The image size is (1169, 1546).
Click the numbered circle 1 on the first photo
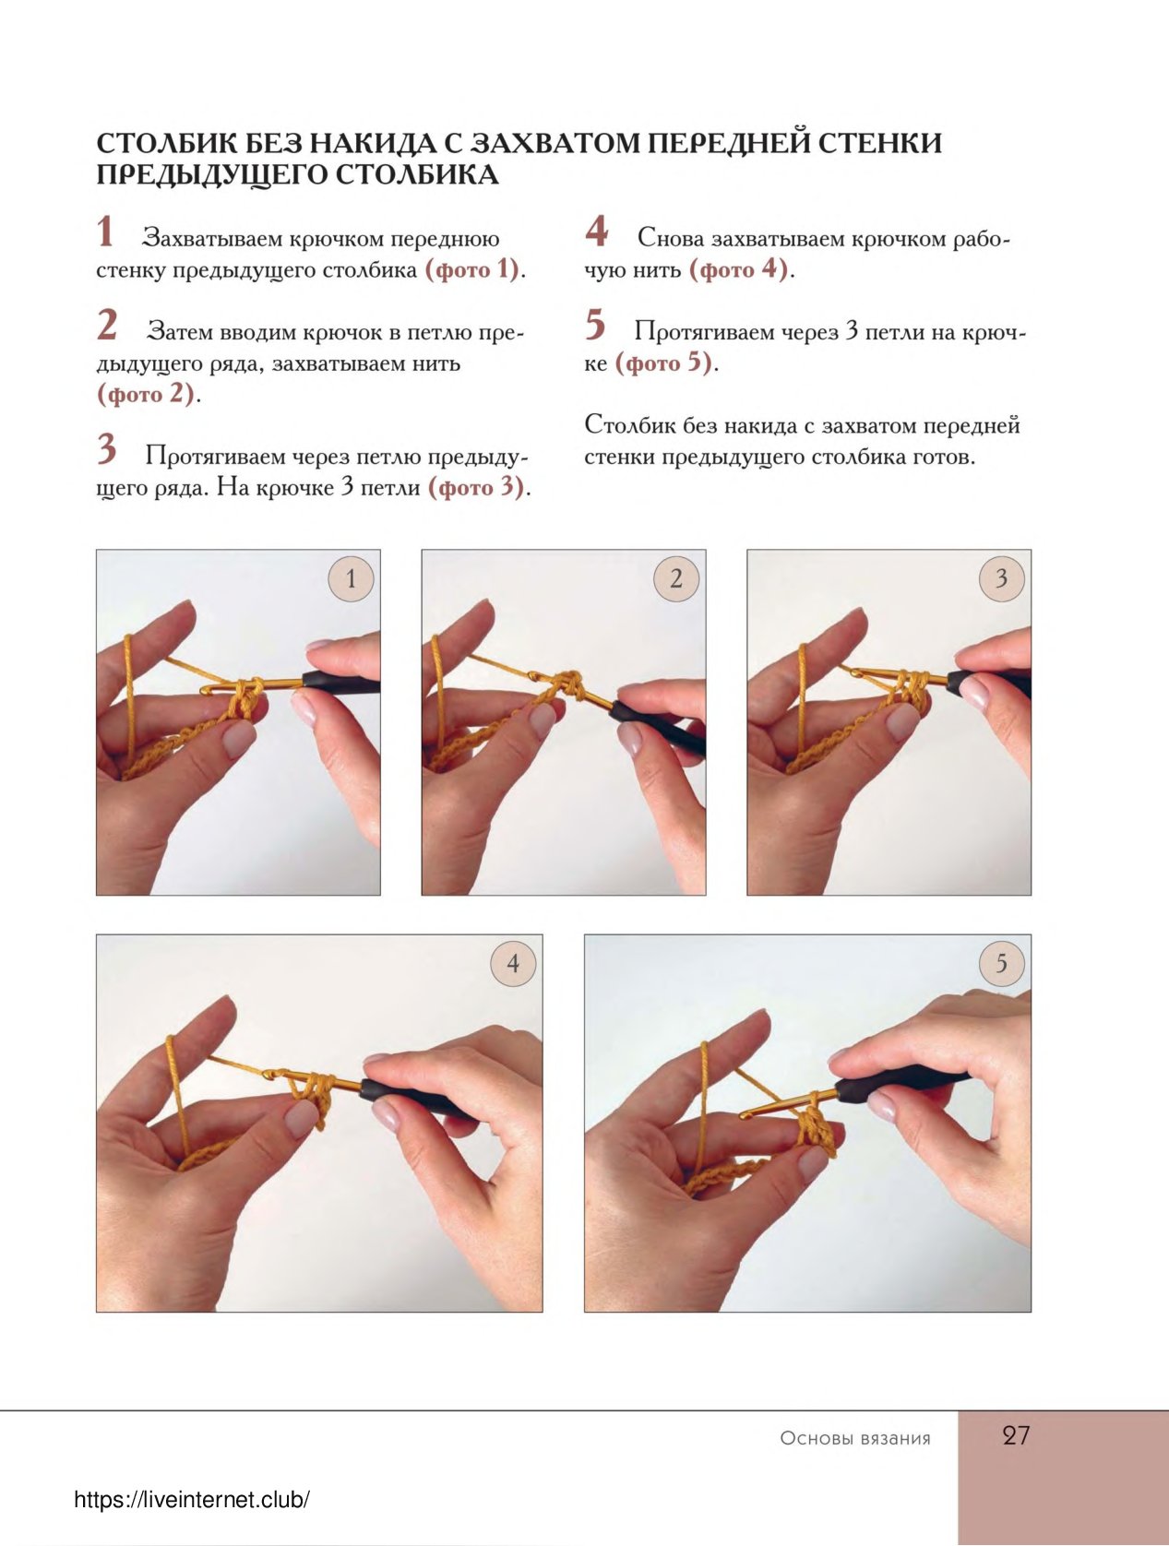pyautogui.click(x=351, y=578)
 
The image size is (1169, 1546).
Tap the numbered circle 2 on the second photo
pyautogui.click(x=676, y=578)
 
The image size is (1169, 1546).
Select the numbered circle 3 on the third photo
pyautogui.click(x=1001, y=578)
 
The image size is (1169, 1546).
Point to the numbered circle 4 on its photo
pyautogui.click(x=513, y=963)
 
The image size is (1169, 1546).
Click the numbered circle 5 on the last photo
pyautogui.click(x=1001, y=963)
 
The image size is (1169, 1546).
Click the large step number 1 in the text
pyautogui.click(x=105, y=232)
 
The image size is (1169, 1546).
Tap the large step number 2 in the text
pyautogui.click(x=107, y=325)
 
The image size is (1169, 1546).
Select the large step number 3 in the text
pyautogui.click(x=107, y=449)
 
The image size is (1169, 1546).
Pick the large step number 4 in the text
pyautogui.click(x=596, y=231)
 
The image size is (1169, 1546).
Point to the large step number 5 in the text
pyautogui.click(x=595, y=325)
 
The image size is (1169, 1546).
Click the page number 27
pyautogui.click(x=1016, y=1434)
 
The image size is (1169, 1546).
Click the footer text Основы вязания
pyautogui.click(x=855, y=1438)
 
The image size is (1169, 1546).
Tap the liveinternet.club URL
pyautogui.click(x=192, y=1500)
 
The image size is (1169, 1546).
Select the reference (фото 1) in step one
pyautogui.click(x=471, y=269)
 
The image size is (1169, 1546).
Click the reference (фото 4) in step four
pyautogui.click(x=738, y=269)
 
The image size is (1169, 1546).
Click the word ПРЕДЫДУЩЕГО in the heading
pyautogui.click(x=212, y=174)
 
